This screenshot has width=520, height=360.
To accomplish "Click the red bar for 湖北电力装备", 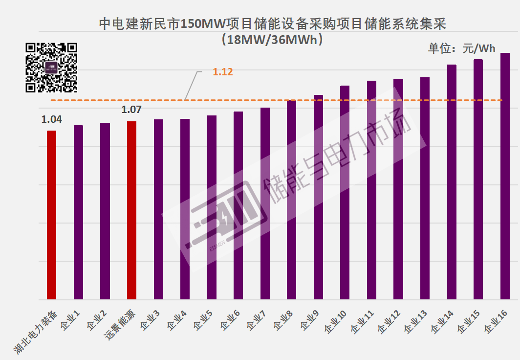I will (51, 215).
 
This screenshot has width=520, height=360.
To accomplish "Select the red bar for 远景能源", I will (131, 210).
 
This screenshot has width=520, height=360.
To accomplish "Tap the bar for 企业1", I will (78, 212).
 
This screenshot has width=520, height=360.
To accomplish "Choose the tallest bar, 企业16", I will (505, 176).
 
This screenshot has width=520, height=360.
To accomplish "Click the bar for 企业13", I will (425, 188).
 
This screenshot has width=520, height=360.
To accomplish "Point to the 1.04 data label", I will (51, 119).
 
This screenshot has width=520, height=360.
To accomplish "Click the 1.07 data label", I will (131, 110).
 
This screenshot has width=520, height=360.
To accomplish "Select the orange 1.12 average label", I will (223, 72).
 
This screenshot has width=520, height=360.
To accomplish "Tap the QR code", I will (51, 67).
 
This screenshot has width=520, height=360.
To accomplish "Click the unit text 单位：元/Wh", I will (462, 48).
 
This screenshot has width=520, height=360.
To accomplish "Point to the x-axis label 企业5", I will (203, 320).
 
